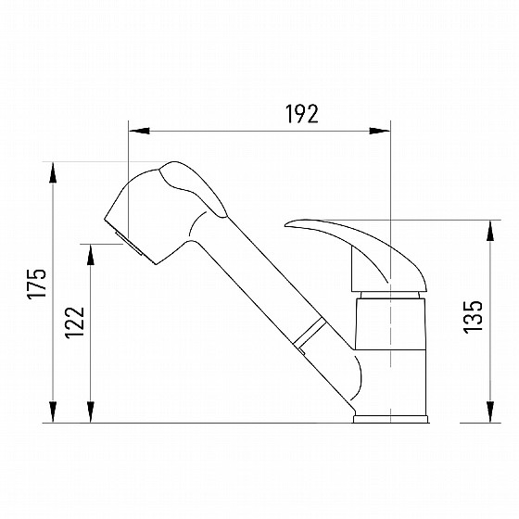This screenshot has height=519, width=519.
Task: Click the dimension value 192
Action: tap(302, 114)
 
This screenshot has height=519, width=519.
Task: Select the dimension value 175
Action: tap(37, 284)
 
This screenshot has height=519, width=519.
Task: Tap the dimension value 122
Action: tap(75, 323)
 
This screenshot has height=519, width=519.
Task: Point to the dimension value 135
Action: tap(474, 317)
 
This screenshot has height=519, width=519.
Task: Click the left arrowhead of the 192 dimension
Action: tap(139, 131)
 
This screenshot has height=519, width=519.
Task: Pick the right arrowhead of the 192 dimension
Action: tap(380, 131)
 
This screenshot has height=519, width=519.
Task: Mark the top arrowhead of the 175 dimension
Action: tap(53, 172)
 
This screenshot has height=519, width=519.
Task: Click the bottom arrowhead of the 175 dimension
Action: tap(53, 412)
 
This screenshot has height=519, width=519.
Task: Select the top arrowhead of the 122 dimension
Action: tap(91, 255)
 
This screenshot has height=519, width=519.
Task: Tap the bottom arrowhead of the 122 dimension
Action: tap(91, 412)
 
